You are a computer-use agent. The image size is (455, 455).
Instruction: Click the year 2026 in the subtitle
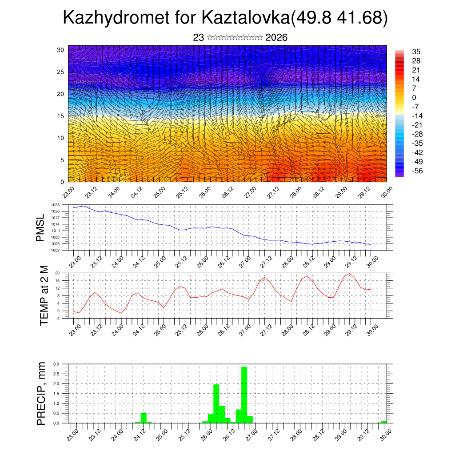(x=276, y=38)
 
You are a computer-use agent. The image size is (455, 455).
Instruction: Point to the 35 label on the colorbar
(x=416, y=52)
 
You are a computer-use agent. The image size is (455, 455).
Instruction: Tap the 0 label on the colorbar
(x=414, y=97)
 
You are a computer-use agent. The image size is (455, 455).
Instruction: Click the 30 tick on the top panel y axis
(x=60, y=50)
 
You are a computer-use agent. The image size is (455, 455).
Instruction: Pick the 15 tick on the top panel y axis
(x=60, y=116)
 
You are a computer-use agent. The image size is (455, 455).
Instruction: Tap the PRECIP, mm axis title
(x=41, y=393)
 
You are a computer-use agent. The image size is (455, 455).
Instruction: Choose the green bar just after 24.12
(x=144, y=418)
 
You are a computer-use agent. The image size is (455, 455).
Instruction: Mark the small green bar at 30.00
(x=384, y=422)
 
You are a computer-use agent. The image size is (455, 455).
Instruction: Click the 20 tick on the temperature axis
(x=57, y=273)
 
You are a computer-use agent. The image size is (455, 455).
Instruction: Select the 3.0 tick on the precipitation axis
(x=56, y=364)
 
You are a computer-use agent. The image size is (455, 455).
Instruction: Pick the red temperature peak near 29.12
(x=350, y=274)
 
